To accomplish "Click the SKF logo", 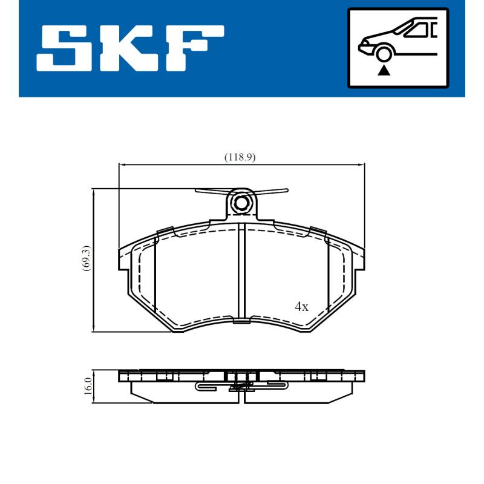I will pyautogui.click(x=130, y=48).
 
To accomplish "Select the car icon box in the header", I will pyautogui.click(x=397, y=48).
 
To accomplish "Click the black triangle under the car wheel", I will pyautogui.click(x=382, y=71).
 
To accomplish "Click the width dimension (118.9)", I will pyautogui.click(x=240, y=157).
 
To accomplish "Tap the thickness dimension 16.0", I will pyautogui.click(x=88, y=385).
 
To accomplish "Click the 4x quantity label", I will pyautogui.click(x=301, y=307).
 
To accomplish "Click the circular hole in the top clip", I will pyautogui.click(x=242, y=203).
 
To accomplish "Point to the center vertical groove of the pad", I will pyautogui.click(x=242, y=272).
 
